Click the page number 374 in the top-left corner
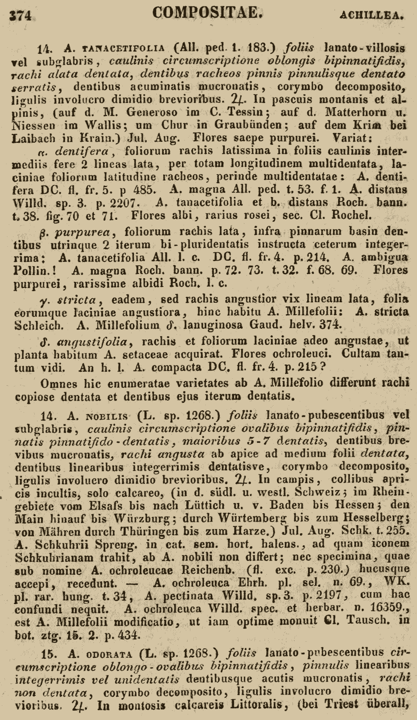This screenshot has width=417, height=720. pyautogui.click(x=21, y=15)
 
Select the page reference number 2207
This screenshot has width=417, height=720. pyautogui.click(x=115, y=202)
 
